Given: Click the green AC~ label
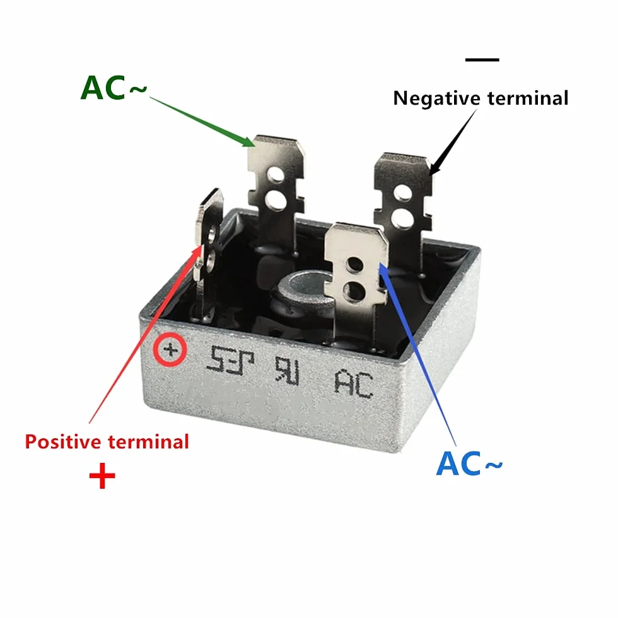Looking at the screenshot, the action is (114, 88).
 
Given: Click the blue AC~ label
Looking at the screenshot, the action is (469, 463).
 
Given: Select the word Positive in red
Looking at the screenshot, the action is (63, 442).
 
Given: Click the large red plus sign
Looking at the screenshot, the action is (102, 475).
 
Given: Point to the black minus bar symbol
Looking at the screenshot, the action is (482, 60).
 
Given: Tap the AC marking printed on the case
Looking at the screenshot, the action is (354, 384).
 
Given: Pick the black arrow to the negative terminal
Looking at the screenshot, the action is (453, 143).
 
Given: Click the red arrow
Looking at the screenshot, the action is (145, 334).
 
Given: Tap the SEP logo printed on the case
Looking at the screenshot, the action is (231, 359).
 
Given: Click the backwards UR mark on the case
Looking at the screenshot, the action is (288, 370).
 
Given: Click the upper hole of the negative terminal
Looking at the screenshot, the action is (403, 193).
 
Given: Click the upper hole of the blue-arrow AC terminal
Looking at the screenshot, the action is (354, 264).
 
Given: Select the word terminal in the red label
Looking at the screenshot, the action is (148, 442).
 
